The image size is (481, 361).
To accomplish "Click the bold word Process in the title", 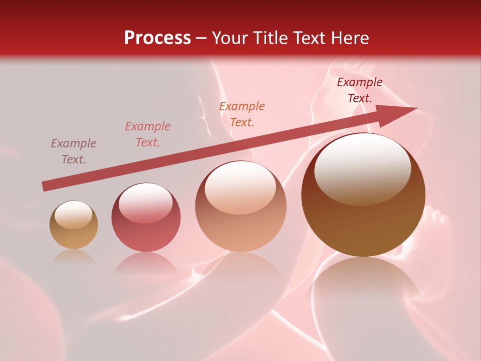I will click(x=157, y=38).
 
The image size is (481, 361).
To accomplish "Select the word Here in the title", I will click(x=350, y=38).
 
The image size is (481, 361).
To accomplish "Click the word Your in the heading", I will click(x=230, y=38).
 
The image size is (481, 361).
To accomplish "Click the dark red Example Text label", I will click(x=360, y=90).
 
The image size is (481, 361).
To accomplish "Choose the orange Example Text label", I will click(x=242, y=114).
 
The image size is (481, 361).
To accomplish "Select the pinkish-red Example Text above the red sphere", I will click(x=148, y=134).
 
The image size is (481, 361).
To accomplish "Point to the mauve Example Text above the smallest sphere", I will click(x=74, y=151).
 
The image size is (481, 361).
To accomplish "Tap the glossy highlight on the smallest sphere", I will click(x=73, y=215).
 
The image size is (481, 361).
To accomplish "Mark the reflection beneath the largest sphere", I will click(x=363, y=286).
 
